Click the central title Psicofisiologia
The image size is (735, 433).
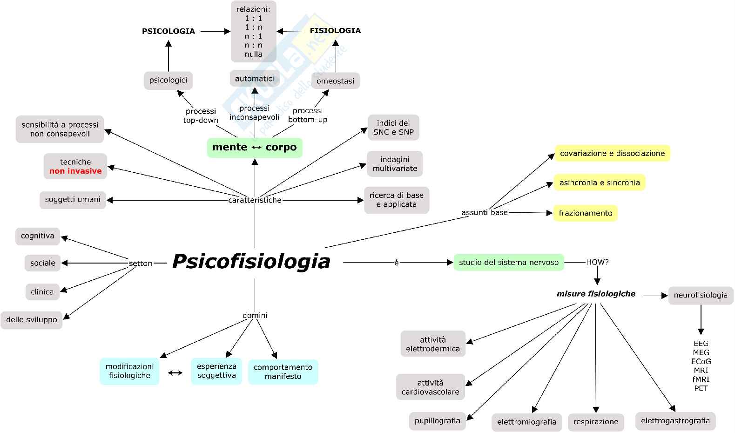point(251,261)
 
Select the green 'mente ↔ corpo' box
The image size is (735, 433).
point(255,148)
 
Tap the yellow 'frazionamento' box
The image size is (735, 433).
point(585,213)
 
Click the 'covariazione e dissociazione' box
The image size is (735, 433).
point(612,153)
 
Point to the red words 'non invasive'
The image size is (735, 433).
point(75,171)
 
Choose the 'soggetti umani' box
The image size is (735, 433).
point(73,200)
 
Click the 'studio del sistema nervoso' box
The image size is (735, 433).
point(508,263)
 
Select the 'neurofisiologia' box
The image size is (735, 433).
point(700,295)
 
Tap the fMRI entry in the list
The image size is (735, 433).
point(701,379)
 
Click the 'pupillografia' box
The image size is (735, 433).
point(437,421)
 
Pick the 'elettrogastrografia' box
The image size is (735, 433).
point(675,421)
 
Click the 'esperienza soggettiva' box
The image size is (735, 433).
point(216,371)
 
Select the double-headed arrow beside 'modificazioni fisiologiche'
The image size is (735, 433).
point(175,372)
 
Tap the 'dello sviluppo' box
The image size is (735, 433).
point(32,320)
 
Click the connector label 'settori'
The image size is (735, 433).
point(141,264)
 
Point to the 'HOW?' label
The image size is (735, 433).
point(597,263)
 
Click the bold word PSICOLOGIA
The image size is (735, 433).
point(169,31)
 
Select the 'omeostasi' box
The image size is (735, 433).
point(335,81)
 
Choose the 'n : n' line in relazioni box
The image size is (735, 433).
point(254,45)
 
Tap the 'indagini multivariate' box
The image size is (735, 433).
point(395,164)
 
